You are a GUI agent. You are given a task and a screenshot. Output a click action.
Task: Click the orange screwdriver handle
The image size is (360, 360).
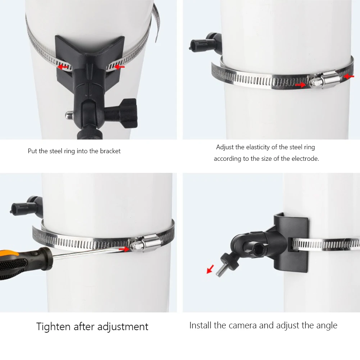tap(22, 263)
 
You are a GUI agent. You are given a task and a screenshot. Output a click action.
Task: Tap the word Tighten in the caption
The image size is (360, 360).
tap(53, 327)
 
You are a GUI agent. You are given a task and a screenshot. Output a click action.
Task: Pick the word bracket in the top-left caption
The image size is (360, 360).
tap(110, 151)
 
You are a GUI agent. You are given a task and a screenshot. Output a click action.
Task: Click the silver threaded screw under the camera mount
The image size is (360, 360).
tap(222, 269)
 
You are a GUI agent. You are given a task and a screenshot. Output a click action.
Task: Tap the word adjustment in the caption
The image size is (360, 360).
tap(123, 327)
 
